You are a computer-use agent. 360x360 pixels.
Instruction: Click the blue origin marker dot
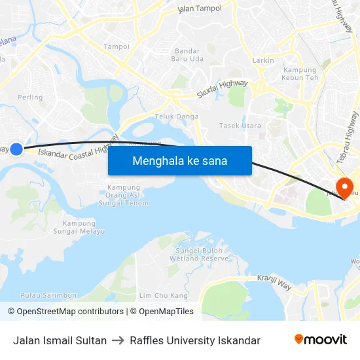[x=16, y=149]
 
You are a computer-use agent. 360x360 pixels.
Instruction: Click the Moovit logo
[x=321, y=340]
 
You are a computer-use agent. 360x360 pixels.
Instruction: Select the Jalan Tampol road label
[x=200, y=9]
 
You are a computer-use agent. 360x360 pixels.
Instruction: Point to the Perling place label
[x=30, y=98]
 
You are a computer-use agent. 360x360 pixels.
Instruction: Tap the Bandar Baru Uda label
[x=189, y=55]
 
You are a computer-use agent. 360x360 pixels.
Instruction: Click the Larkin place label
[x=263, y=60]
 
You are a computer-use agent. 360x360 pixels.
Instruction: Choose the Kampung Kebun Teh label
[x=299, y=74]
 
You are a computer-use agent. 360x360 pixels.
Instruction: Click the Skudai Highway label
[x=223, y=90]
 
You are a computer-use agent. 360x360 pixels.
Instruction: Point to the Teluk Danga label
[x=176, y=117]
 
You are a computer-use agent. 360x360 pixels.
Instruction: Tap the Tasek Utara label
[x=240, y=126]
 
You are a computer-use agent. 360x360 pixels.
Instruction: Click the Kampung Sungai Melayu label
[x=74, y=227]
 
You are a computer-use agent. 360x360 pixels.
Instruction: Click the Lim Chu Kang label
[x=164, y=296]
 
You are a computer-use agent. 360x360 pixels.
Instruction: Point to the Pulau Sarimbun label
[x=49, y=296]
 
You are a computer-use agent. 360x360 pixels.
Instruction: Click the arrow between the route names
[x=118, y=340]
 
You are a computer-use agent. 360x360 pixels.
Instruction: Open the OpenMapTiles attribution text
[x=162, y=312]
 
